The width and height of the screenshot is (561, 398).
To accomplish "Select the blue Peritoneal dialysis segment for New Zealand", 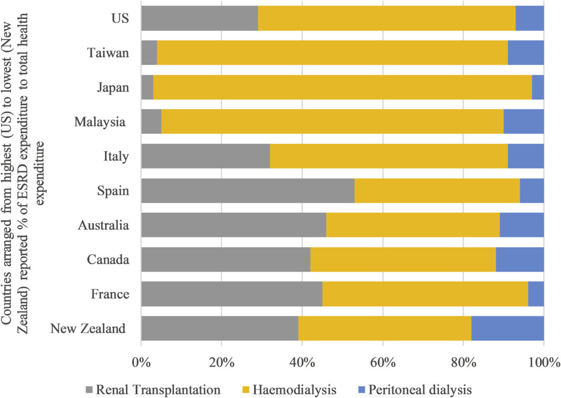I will (x=507, y=328).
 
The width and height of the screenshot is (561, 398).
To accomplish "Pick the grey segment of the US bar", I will (x=200, y=18).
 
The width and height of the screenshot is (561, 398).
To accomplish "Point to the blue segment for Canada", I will (x=519, y=260).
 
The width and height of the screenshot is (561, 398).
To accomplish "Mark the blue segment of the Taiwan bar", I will (x=525, y=53).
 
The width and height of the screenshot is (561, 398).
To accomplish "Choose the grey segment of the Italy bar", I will (x=206, y=156).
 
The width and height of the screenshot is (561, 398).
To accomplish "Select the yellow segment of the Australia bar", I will (x=413, y=225).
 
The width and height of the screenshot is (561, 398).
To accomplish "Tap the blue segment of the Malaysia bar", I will (x=524, y=122).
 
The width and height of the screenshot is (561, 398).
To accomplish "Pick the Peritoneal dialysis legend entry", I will (x=413, y=389).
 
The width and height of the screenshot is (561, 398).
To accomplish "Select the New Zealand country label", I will (x=88, y=328).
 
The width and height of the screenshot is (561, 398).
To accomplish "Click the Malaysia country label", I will (x=100, y=122).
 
